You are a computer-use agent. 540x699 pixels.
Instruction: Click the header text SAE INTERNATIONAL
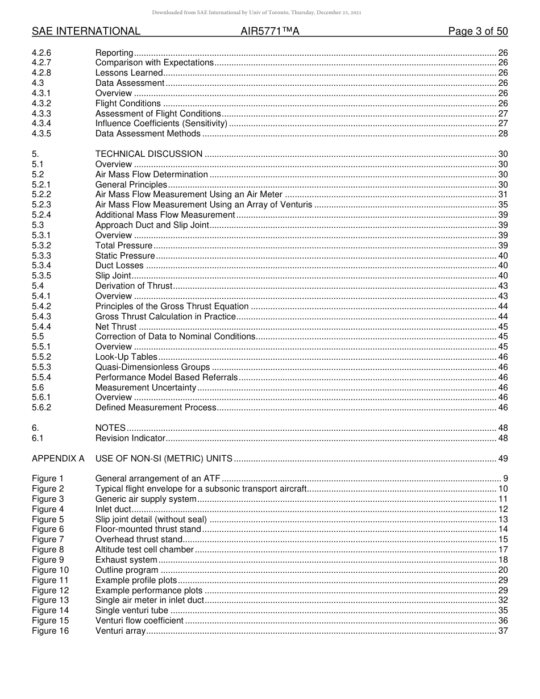(86, 31)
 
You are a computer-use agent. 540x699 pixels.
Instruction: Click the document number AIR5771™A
(269, 31)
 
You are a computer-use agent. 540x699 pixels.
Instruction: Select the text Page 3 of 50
(477, 31)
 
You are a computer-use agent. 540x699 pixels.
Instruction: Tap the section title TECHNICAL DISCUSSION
(149, 154)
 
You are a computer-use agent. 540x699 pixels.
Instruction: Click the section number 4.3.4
(41, 123)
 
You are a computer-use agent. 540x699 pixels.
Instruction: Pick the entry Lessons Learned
(129, 73)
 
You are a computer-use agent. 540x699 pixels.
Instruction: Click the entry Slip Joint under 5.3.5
(114, 276)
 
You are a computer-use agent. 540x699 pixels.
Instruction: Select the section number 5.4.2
(41, 306)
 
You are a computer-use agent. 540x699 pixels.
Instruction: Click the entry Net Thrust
(116, 327)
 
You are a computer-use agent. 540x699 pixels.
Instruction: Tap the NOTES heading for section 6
(110, 428)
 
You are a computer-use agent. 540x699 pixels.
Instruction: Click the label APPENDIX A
(58, 459)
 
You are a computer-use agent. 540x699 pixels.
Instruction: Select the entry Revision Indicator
(130, 438)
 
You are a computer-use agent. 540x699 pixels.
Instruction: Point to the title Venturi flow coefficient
(139, 621)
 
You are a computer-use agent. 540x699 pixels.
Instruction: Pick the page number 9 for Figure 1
(505, 479)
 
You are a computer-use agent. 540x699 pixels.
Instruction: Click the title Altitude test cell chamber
(144, 550)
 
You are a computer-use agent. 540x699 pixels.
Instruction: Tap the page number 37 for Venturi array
(502, 631)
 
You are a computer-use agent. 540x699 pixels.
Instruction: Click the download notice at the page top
(269, 13)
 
